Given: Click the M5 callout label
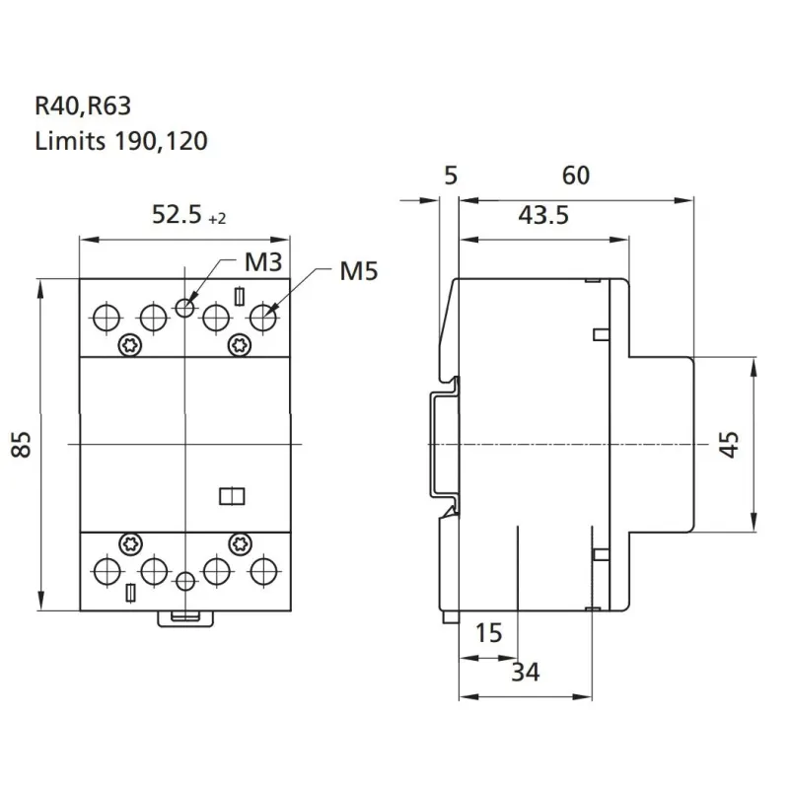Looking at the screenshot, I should pos(359,270).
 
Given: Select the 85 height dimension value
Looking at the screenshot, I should pos(21,444).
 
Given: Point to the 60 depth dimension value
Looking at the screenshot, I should pos(576,176).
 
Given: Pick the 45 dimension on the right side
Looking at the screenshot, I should pos(728,444).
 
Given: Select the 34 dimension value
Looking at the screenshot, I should pos(525,673).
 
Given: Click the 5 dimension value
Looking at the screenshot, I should pos(451,176).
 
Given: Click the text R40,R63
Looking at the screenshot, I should pos(82,106).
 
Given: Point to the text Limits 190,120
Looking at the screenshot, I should pos(120,141).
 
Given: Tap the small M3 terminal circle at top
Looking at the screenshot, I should pos(184,308).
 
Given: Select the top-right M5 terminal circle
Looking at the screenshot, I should pos(263,319).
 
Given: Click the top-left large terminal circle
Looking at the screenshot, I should pos(105,319).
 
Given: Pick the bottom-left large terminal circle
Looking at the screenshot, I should pos(105,570).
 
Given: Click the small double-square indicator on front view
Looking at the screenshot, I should pos(231,496).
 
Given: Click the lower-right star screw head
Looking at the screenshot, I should pos(239,541).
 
